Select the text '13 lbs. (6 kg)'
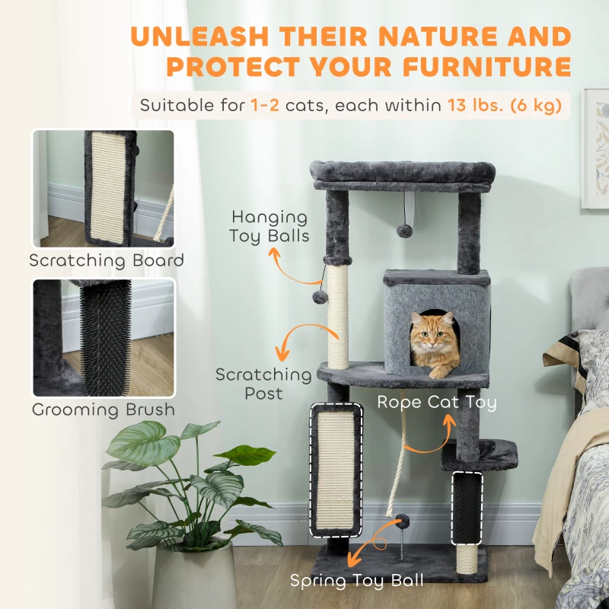coord(508,105)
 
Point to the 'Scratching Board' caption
coord(107,260)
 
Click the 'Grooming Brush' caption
coord(104,410)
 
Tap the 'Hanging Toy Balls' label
coord(269,227)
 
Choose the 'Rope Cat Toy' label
coord(436,402)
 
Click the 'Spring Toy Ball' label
coord(356,581)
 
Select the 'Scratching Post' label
coord(263,384)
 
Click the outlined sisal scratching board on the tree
coord(336,468)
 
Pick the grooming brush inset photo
coord(104,336)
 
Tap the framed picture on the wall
coord(597,148)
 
